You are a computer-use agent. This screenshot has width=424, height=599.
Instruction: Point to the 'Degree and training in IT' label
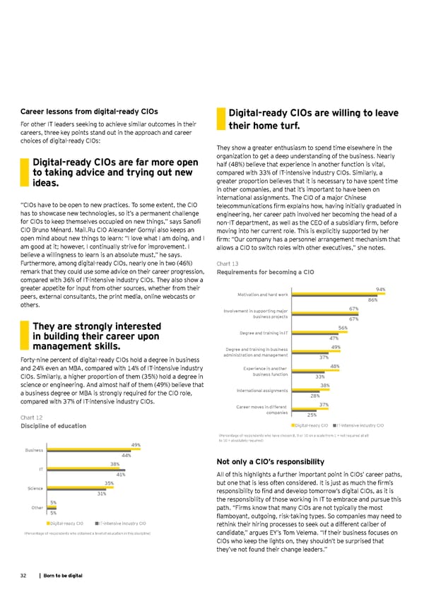pos(264,333)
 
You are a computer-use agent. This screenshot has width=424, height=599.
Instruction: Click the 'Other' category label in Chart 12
pos(37,507)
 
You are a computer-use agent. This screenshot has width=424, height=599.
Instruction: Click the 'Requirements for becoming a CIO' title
pos(265,272)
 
